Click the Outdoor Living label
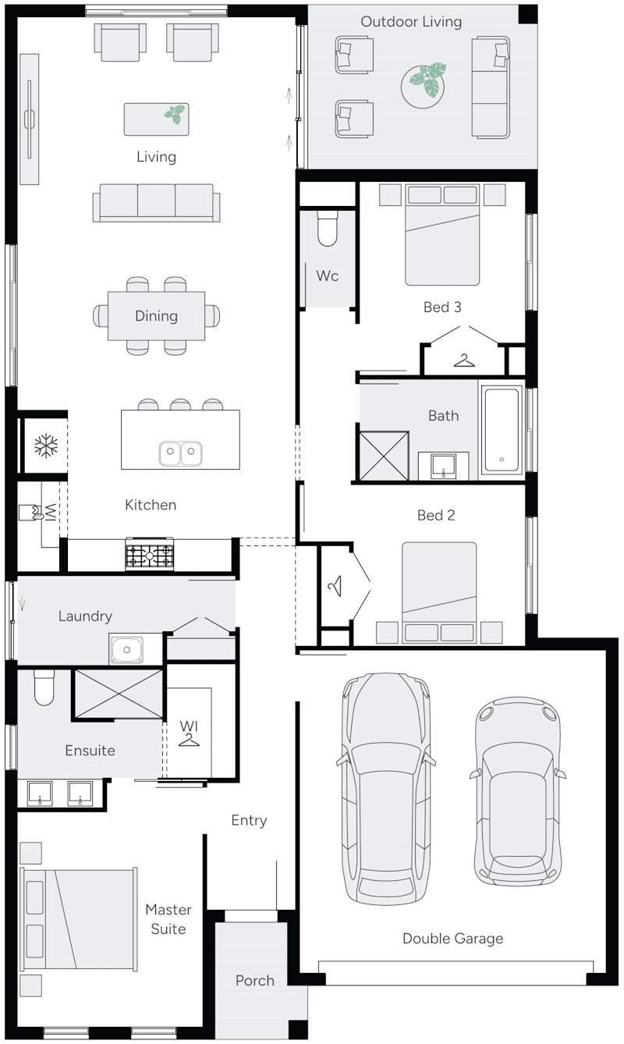click(x=411, y=22)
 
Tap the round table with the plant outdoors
click(x=424, y=82)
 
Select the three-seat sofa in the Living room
click(x=156, y=202)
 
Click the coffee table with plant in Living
click(x=156, y=119)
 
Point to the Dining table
click(x=156, y=315)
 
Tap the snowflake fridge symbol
click(x=45, y=446)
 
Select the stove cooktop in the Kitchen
click(x=150, y=556)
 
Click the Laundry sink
click(x=126, y=648)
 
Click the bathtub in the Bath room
click(x=501, y=429)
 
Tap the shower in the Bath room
click(x=383, y=454)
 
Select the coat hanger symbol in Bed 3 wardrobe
click(x=465, y=360)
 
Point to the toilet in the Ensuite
click(x=44, y=687)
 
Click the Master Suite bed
click(x=78, y=919)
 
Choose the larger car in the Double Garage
click(x=385, y=788)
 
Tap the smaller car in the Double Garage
click(x=517, y=790)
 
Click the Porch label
click(x=255, y=981)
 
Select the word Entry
click(x=249, y=820)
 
